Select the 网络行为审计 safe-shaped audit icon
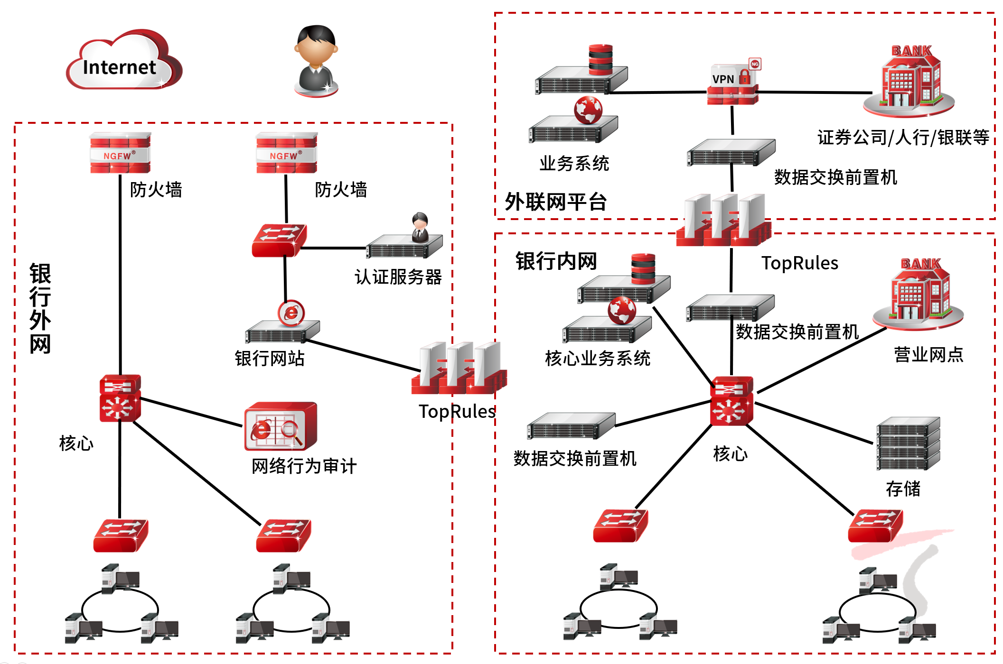pyautogui.click(x=280, y=426)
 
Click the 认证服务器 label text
pyautogui.click(x=398, y=277)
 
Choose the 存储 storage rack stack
pyautogui.click(x=908, y=443)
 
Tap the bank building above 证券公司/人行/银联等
pyautogui.click(x=909, y=81)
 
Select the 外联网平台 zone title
pyautogui.click(x=556, y=202)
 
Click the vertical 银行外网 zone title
pyautogui.click(x=40, y=308)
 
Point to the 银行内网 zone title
pyautogui.click(x=556, y=261)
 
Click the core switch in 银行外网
pyautogui.click(x=120, y=398)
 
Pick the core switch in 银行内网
pyautogui.click(x=731, y=401)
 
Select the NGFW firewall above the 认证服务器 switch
pyautogui.click(x=286, y=153)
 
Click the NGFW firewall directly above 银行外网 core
pyautogui.click(x=120, y=153)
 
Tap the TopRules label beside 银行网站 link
pyautogui.click(x=457, y=412)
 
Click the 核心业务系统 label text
pyautogui.click(x=597, y=359)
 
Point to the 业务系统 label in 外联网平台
pyautogui.click(x=574, y=164)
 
